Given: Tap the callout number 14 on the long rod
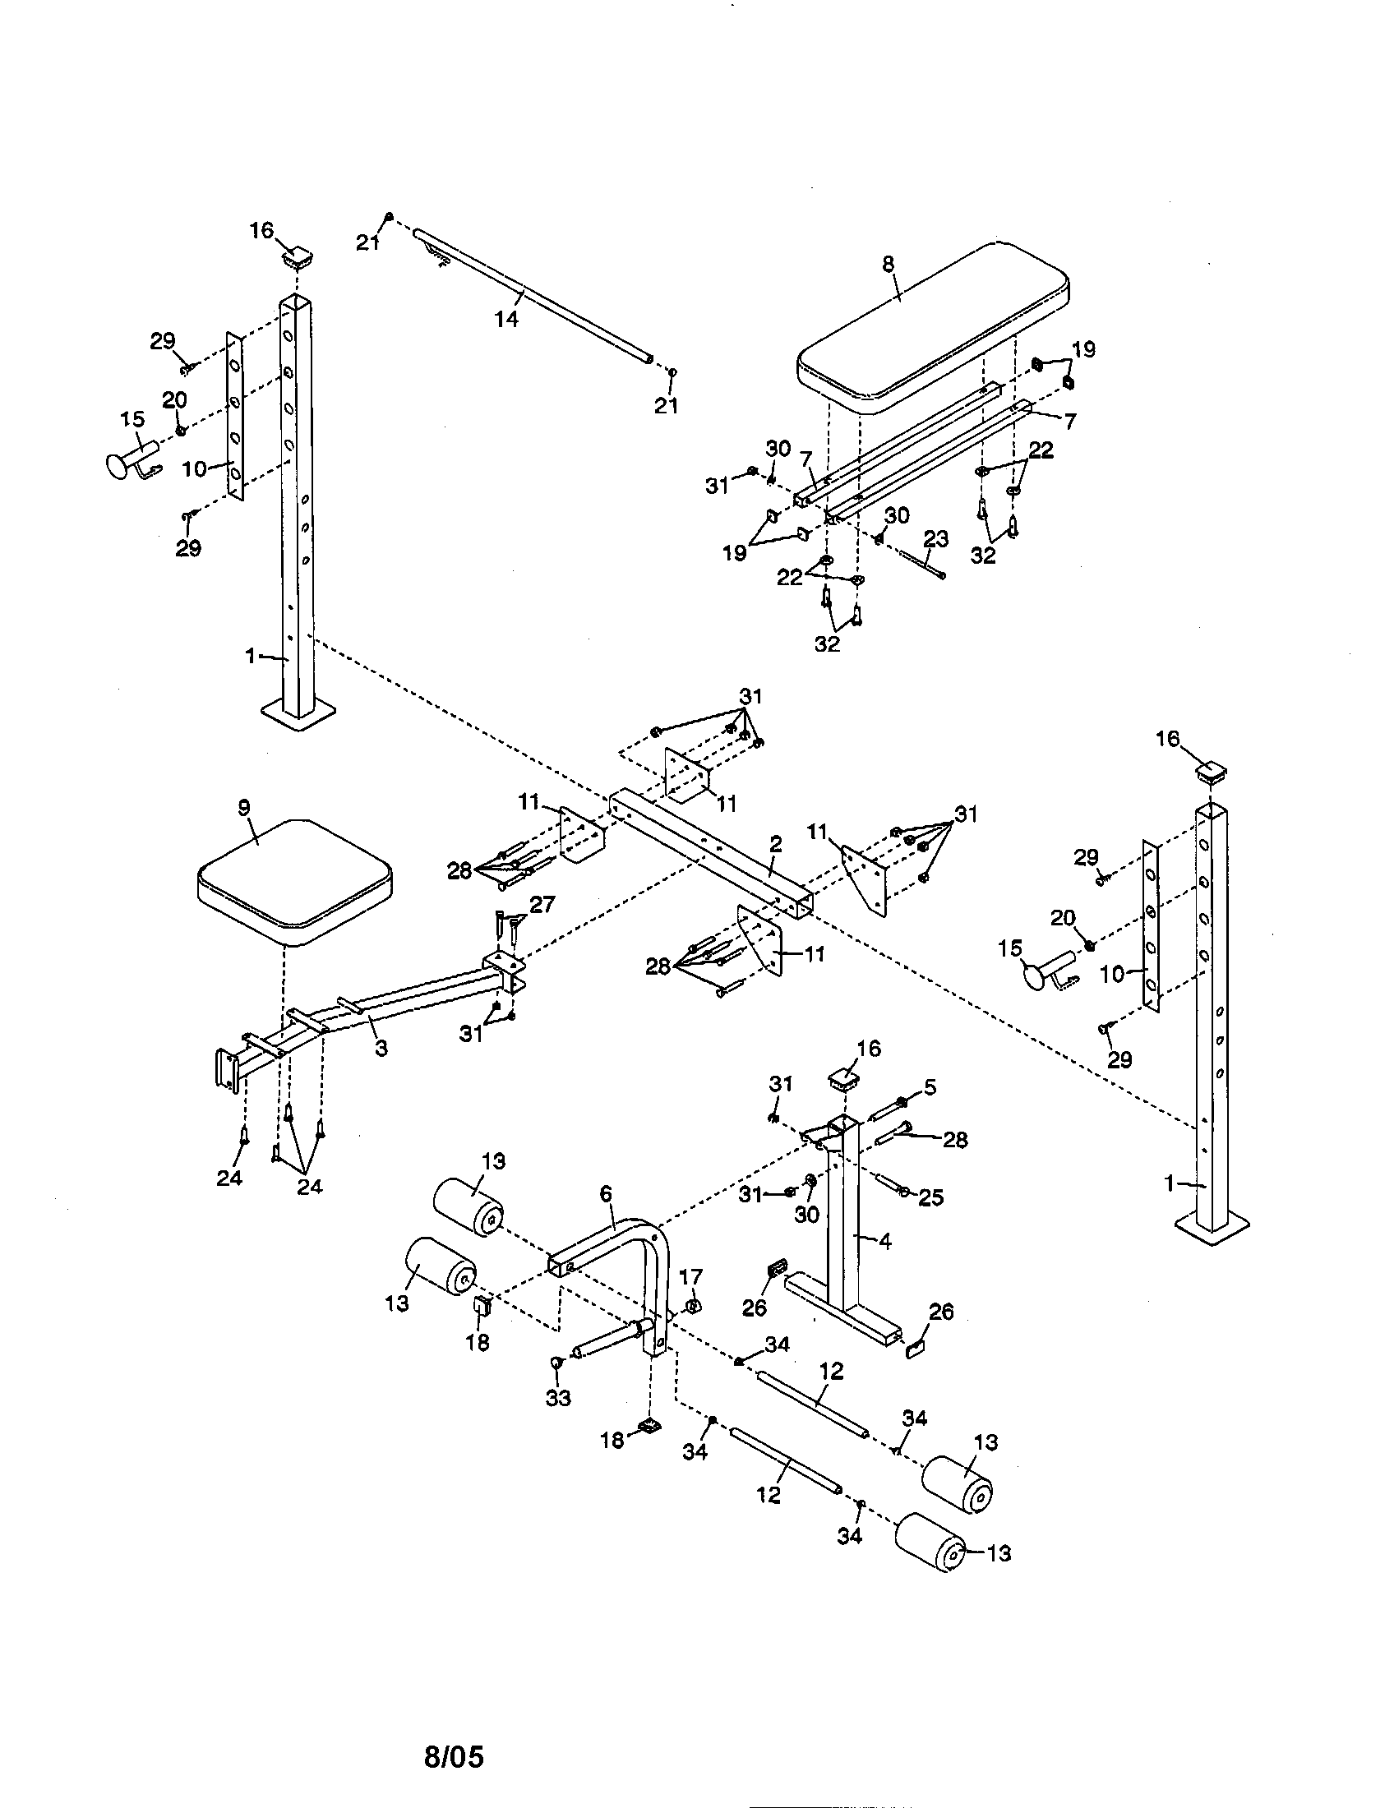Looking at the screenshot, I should pos(505,319).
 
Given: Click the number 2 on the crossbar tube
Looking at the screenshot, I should pos(775,844).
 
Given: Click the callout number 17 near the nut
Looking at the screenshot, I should pos(690,1278).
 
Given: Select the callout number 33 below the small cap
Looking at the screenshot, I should pos(559,1398).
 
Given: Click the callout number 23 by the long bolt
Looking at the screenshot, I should pos(935,539).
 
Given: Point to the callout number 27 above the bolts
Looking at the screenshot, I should pos(542,905).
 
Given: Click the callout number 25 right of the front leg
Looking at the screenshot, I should pos(931,1198).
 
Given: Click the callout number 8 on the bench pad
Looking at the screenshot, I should pos(889,264).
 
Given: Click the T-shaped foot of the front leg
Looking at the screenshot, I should pos(844,1307).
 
